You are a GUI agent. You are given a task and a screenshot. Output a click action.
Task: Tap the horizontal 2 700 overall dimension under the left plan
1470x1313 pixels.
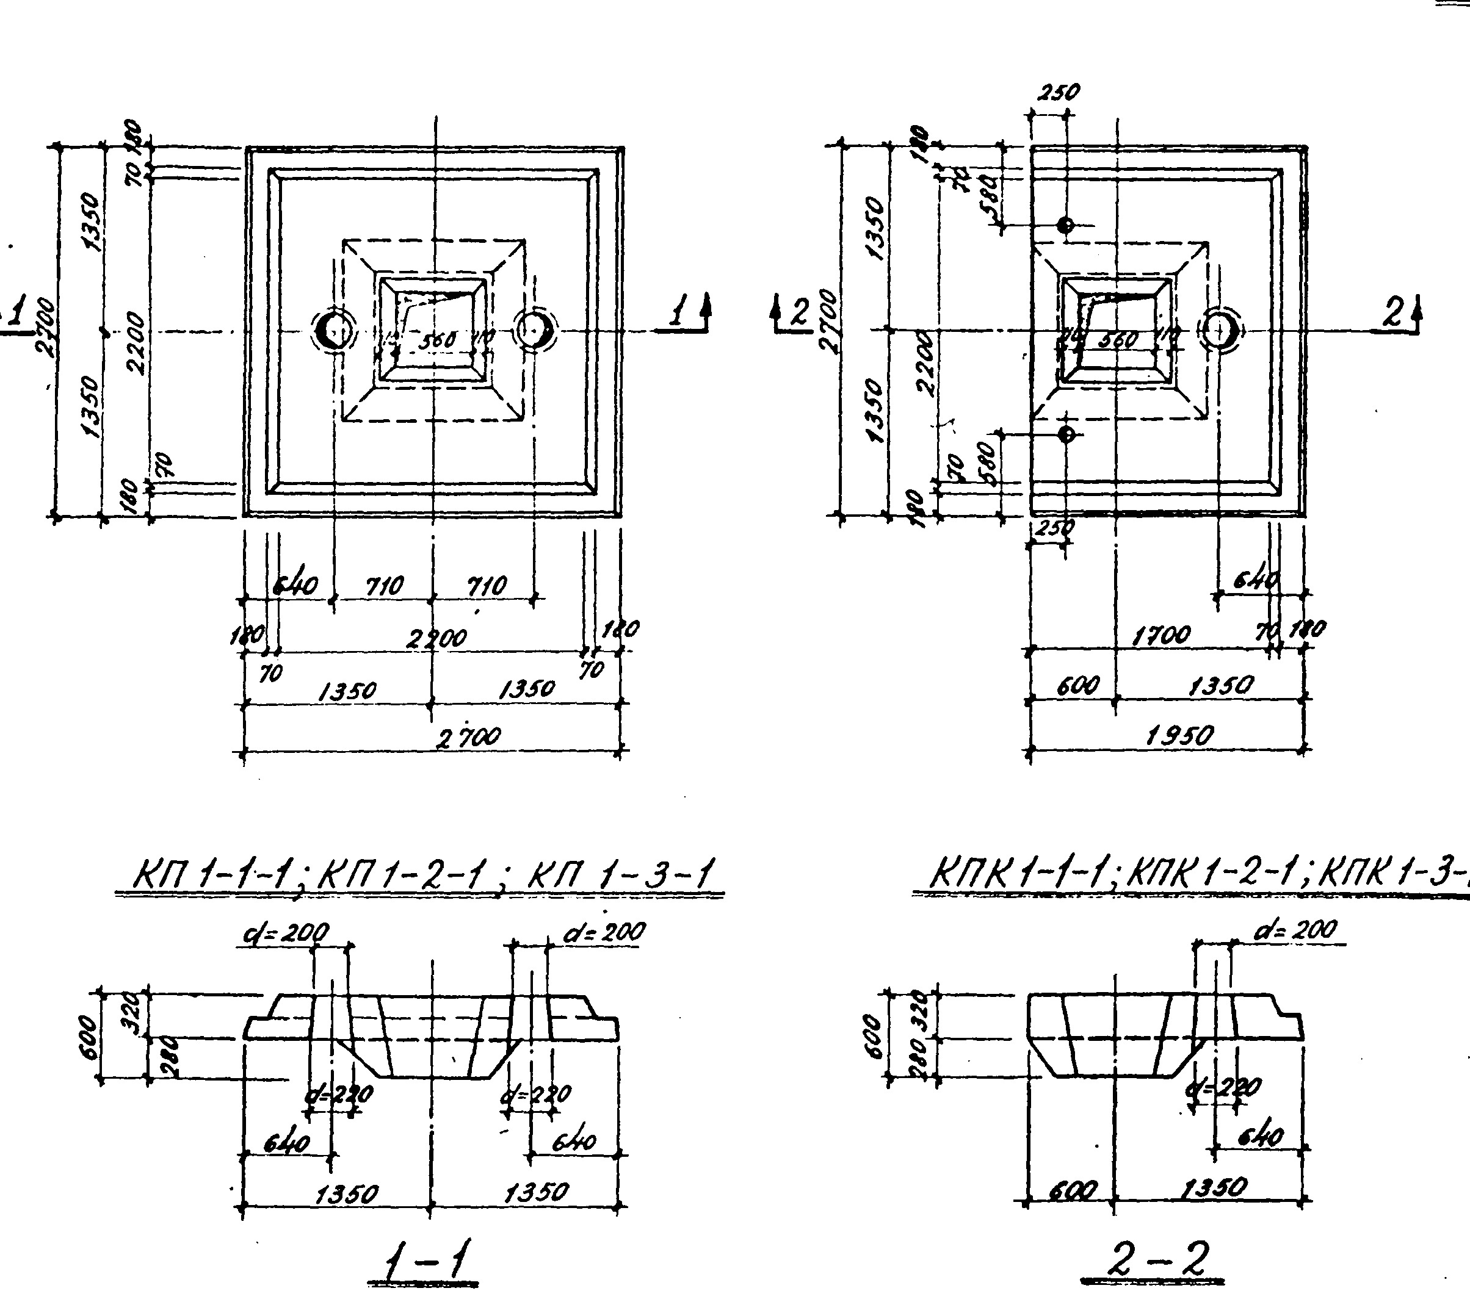[x=469, y=736]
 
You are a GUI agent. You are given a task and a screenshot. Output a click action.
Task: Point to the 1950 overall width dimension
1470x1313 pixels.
[x=1179, y=735]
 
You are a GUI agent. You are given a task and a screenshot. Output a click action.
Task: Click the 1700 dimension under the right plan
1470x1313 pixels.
[x=1161, y=636]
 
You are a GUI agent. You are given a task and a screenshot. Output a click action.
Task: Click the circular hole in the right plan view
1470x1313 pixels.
[x=1219, y=329]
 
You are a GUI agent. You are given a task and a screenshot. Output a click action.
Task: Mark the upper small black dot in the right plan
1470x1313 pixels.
[x=1065, y=225]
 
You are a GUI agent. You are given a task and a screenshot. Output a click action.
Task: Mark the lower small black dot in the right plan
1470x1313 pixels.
[x=1065, y=434]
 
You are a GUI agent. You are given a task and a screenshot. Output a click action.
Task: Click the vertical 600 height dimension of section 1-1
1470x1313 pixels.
[x=86, y=1037]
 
